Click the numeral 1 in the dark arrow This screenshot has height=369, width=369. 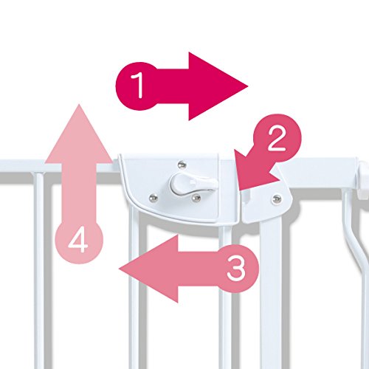[x=138, y=85]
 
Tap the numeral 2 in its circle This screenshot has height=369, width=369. [x=277, y=138]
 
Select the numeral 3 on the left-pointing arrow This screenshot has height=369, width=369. [x=236, y=269]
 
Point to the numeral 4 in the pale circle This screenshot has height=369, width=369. [x=78, y=240]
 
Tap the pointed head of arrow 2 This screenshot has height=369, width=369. [x=251, y=172]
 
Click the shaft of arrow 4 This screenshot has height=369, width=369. [x=79, y=192]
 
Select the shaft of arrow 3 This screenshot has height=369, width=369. [x=199, y=269]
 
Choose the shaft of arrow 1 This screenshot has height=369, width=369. [x=172, y=86]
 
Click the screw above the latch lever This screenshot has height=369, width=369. [x=182, y=164]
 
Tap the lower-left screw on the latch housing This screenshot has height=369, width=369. [x=154, y=197]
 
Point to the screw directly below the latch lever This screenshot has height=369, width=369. [x=196, y=198]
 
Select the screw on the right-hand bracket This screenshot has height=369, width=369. [x=277, y=198]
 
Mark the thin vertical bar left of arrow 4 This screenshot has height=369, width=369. [x=39, y=271]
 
